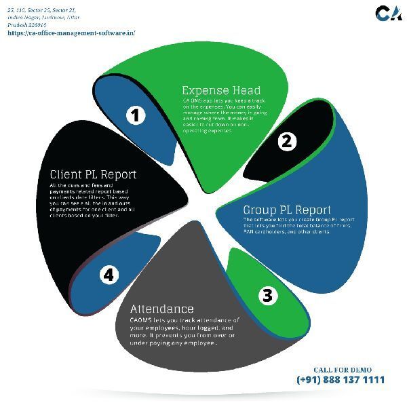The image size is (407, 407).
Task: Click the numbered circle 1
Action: click(x=136, y=115)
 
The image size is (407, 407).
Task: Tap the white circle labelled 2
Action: click(x=286, y=141)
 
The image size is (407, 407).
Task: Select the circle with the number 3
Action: click(x=267, y=295)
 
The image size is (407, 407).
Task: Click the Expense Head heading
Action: click(x=221, y=90)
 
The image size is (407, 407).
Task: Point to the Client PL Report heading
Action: click(x=93, y=174)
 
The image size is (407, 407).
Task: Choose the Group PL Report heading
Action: click(x=287, y=210)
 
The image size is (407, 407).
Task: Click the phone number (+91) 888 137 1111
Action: click(x=340, y=380)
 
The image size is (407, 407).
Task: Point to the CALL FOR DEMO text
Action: click(x=343, y=369)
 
